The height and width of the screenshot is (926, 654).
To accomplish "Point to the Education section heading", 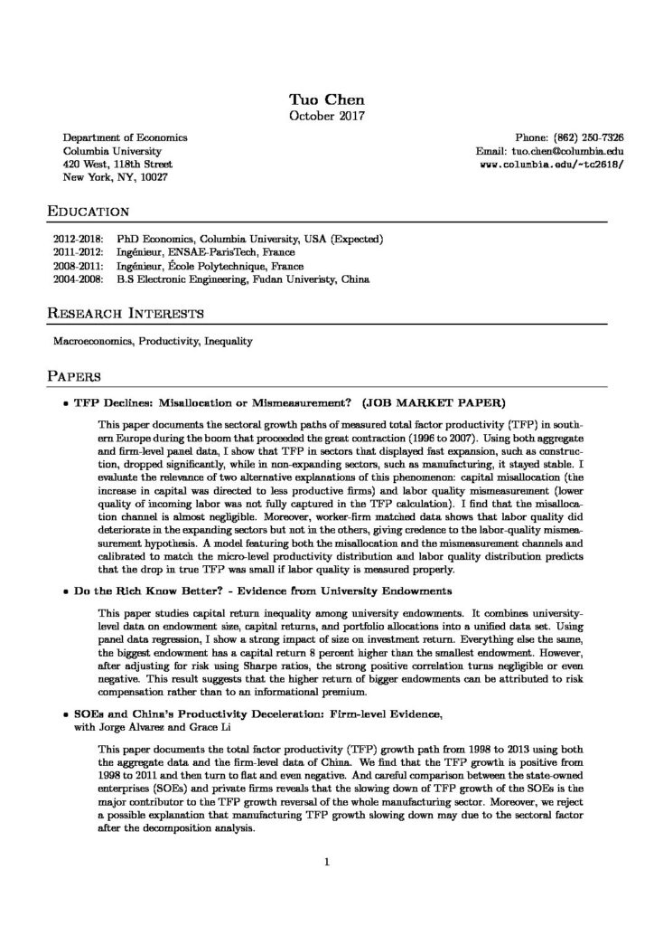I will coord(89,213).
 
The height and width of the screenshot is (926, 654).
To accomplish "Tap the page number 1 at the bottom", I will coord(326,862).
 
